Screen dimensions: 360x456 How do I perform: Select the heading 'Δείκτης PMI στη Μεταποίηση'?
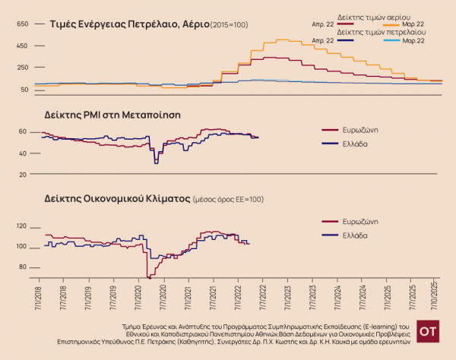coord(117,115)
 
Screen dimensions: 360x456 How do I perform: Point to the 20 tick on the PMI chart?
coord(23,174)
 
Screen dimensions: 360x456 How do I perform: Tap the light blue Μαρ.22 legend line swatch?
coord(385,40)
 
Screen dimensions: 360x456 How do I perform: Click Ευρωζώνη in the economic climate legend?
coord(360,222)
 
